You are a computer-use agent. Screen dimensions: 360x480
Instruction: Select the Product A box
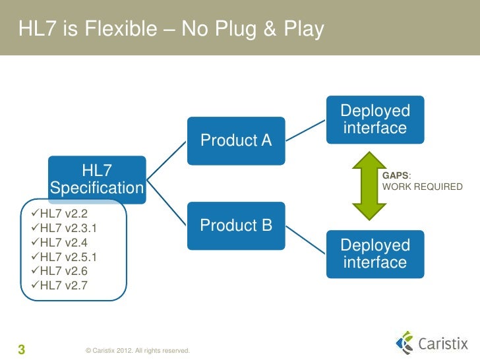click(235, 140)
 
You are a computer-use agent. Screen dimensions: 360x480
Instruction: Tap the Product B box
click(235, 225)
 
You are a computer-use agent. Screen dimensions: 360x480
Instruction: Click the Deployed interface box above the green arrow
click(375, 119)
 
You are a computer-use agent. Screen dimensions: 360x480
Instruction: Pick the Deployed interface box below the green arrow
click(375, 254)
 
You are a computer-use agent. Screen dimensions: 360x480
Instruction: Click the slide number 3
click(21, 349)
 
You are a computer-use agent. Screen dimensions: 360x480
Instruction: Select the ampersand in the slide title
click(263, 30)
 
